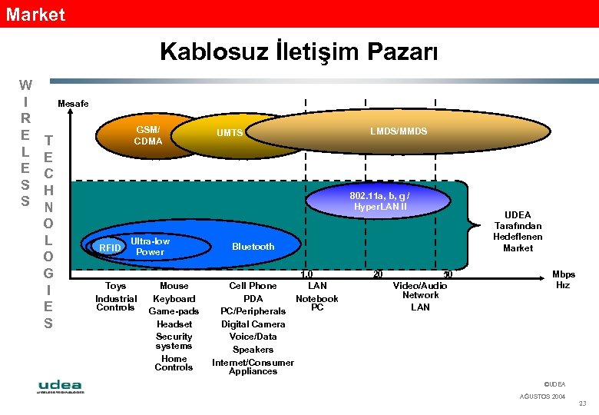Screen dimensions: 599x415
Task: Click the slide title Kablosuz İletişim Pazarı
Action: click(299, 51)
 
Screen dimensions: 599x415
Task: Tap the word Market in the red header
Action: click(35, 14)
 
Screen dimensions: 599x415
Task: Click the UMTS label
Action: click(229, 133)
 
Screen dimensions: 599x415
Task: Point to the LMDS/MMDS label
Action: click(399, 131)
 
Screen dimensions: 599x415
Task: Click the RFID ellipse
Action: click(110, 248)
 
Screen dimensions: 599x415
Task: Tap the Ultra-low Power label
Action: click(150, 247)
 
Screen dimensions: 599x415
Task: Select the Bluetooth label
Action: click(253, 247)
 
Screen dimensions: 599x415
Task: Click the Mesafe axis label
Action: click(73, 104)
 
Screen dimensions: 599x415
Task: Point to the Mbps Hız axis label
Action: click(564, 280)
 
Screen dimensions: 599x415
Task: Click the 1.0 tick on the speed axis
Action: click(306, 274)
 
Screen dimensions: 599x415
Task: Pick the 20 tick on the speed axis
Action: click(378, 274)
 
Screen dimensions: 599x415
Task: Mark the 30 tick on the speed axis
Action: click(448, 274)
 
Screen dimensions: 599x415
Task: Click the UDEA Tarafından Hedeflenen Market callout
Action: click(518, 231)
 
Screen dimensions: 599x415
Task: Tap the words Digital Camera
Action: click(253, 324)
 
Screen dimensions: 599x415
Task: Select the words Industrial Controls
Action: click(116, 303)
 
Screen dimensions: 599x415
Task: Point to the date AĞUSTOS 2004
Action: click(542, 397)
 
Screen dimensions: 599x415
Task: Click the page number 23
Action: click(581, 404)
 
